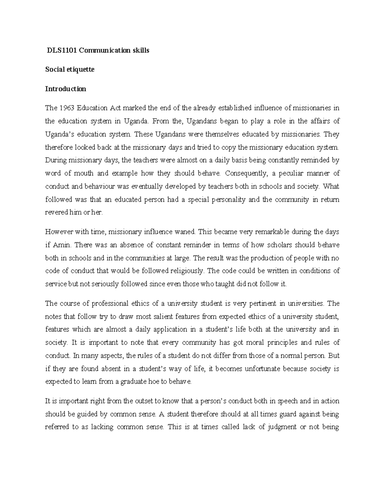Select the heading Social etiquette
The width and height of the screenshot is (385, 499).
click(x=70, y=69)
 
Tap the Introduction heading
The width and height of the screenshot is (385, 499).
click(x=65, y=89)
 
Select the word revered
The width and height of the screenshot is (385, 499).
click(x=56, y=213)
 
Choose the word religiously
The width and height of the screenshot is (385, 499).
click(x=186, y=271)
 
